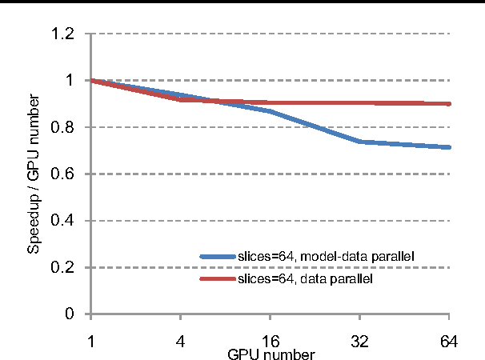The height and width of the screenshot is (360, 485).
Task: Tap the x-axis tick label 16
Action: click(271, 342)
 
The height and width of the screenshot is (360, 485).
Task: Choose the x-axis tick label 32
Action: click(360, 342)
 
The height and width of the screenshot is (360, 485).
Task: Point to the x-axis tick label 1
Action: click(92, 342)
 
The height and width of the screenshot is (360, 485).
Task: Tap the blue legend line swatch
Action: click(218, 256)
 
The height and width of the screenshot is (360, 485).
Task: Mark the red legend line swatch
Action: click(218, 279)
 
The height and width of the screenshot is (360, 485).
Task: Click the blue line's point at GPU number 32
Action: click(360, 142)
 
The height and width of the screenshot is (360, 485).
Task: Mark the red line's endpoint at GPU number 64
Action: click(449, 104)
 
